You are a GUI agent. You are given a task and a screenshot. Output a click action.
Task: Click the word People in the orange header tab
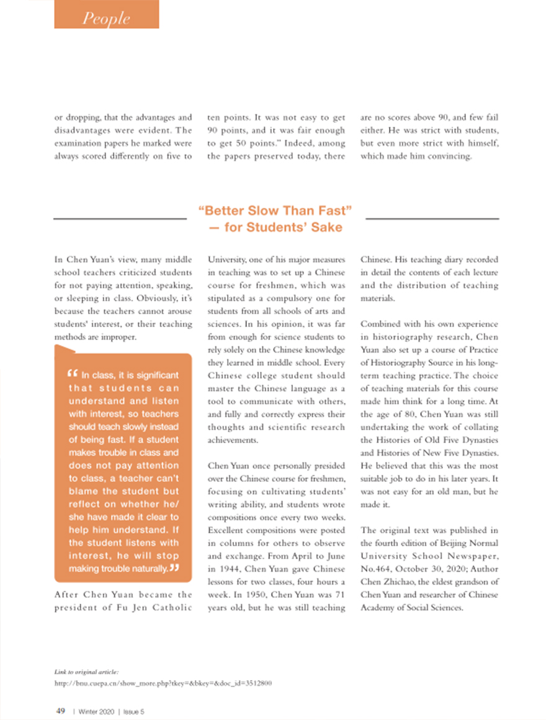107,19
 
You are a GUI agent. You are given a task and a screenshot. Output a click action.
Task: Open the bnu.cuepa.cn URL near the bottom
163,683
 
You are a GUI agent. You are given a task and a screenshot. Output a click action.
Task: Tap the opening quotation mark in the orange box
71,375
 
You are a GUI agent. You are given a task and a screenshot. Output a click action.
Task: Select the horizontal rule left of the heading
120,218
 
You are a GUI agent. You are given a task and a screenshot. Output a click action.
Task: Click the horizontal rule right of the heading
432,218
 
